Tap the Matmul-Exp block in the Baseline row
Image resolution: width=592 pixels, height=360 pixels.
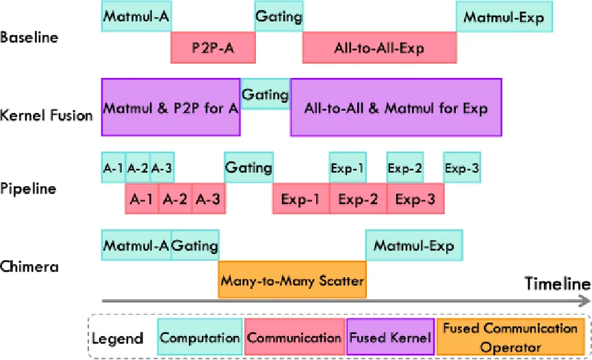[x=504, y=17]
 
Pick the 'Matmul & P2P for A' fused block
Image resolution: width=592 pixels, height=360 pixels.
[x=170, y=107]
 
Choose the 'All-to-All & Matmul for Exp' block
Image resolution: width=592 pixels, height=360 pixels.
[x=396, y=107]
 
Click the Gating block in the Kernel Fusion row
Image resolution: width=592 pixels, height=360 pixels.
[x=265, y=95]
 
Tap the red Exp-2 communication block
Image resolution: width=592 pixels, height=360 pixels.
[x=358, y=200]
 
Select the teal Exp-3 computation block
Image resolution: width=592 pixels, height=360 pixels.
[x=461, y=167]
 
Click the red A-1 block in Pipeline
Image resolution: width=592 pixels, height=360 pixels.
[x=142, y=200]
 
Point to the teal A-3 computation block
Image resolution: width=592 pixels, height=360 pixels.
[x=162, y=167]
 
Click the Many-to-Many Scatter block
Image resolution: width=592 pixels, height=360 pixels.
[x=292, y=281]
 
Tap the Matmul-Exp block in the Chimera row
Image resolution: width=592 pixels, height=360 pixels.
[x=413, y=246]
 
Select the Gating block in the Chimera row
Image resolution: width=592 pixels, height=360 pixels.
[x=194, y=246]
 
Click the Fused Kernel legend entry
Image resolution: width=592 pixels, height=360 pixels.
[x=390, y=337]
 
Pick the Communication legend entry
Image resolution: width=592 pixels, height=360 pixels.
[x=294, y=337]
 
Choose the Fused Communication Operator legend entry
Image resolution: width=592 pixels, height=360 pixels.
[x=510, y=337]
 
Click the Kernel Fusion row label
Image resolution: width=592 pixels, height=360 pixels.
[x=47, y=115]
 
